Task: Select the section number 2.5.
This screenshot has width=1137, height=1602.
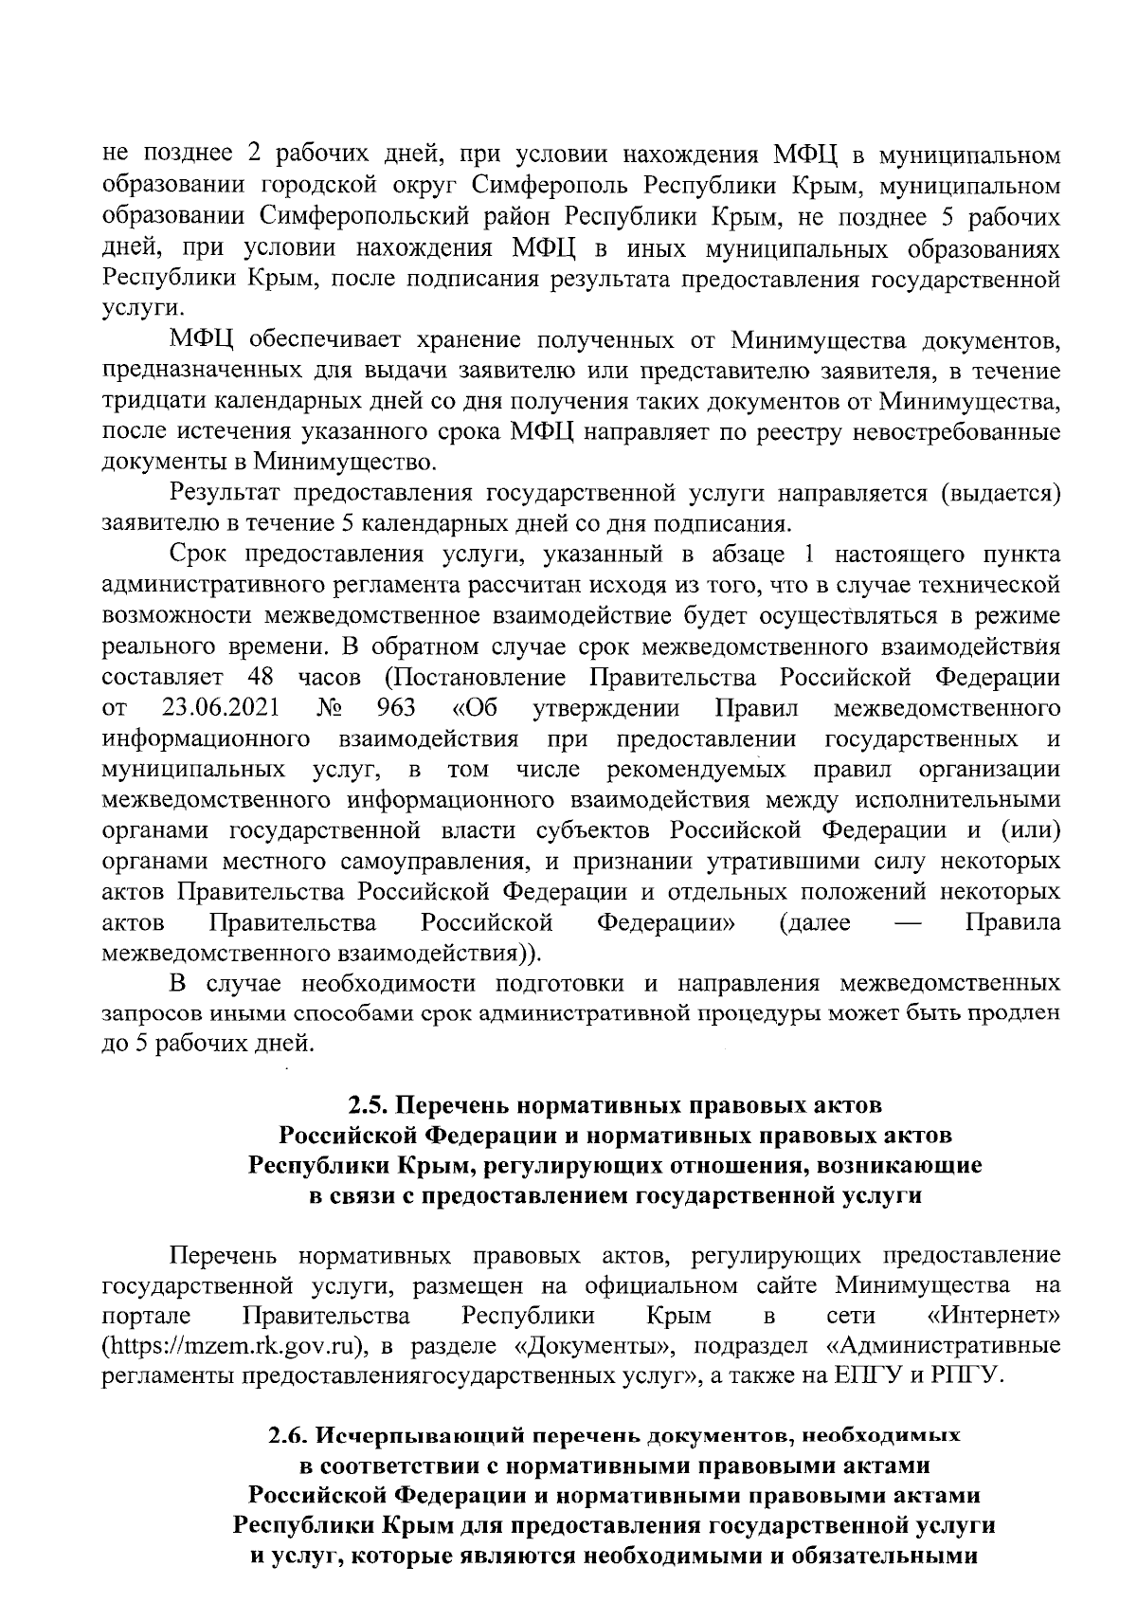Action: click(368, 1104)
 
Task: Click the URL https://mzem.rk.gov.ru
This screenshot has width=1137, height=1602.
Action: click(234, 1347)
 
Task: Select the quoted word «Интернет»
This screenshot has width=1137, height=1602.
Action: click(994, 1317)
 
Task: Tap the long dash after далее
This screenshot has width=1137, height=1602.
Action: click(908, 922)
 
